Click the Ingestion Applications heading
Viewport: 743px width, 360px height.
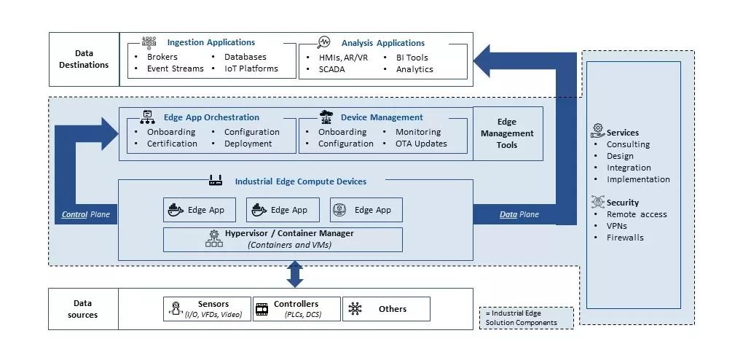click(x=211, y=42)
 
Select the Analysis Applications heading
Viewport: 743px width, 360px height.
click(x=382, y=43)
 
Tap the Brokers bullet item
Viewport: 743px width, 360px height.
click(x=162, y=57)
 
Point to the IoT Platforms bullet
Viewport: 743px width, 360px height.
click(x=251, y=69)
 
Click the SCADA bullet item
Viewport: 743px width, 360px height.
click(x=331, y=69)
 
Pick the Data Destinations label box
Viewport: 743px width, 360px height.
click(x=84, y=59)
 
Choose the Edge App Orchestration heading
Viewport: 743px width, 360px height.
click(x=211, y=117)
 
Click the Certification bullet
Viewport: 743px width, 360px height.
click(x=172, y=144)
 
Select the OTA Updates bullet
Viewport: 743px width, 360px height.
click(x=421, y=144)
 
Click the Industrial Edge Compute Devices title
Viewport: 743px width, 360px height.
click(x=300, y=181)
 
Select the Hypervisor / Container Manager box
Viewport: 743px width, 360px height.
click(x=283, y=239)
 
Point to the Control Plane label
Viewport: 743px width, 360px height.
click(x=84, y=214)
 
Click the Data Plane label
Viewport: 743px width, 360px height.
click(x=519, y=214)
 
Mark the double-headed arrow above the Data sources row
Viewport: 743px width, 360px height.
click(x=295, y=274)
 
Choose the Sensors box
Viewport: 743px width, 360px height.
click(x=207, y=309)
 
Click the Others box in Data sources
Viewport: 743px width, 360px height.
click(x=386, y=309)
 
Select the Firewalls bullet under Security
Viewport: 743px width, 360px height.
click(x=625, y=238)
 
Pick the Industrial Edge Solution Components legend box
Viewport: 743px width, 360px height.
click(x=526, y=318)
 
